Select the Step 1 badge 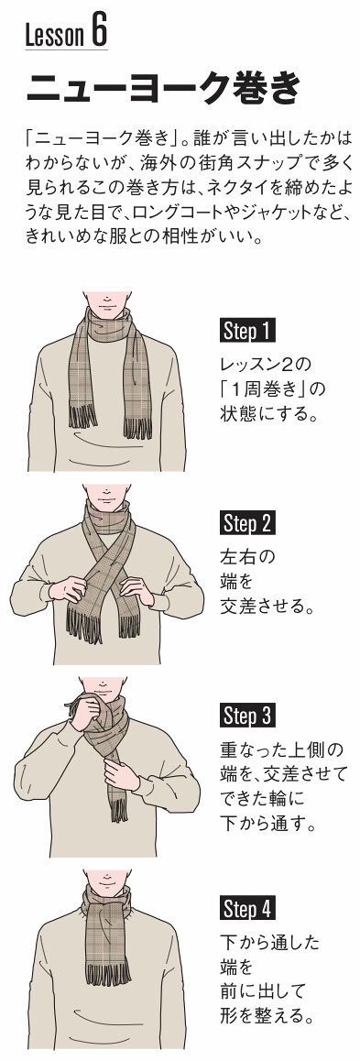(x=247, y=331)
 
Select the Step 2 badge (x=247, y=524)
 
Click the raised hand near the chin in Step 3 (x=85, y=713)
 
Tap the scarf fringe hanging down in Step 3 (x=118, y=809)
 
